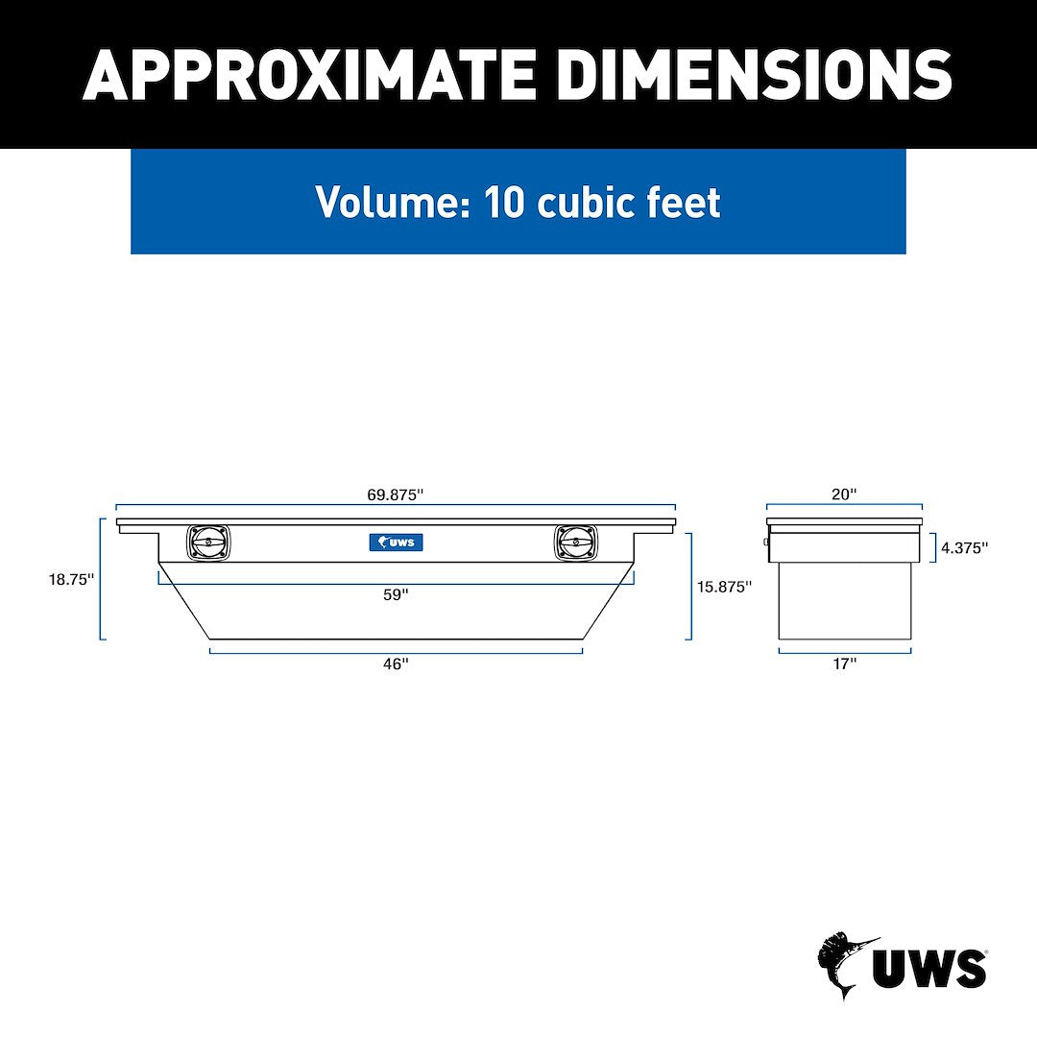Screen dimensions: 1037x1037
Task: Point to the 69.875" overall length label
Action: pos(396,494)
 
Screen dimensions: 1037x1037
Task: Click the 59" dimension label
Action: pos(396,594)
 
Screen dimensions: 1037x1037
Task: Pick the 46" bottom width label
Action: pos(396,663)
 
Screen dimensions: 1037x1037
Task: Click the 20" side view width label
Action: pos(844,494)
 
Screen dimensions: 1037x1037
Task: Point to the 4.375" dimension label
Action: pos(964,548)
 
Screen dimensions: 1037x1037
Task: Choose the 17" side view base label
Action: pos(844,663)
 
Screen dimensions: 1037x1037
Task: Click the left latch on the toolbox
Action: pos(208,543)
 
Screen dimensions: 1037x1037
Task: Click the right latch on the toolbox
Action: pos(575,543)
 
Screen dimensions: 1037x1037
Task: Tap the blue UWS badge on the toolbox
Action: pos(396,543)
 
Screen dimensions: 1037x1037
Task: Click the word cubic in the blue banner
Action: pos(585,203)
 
